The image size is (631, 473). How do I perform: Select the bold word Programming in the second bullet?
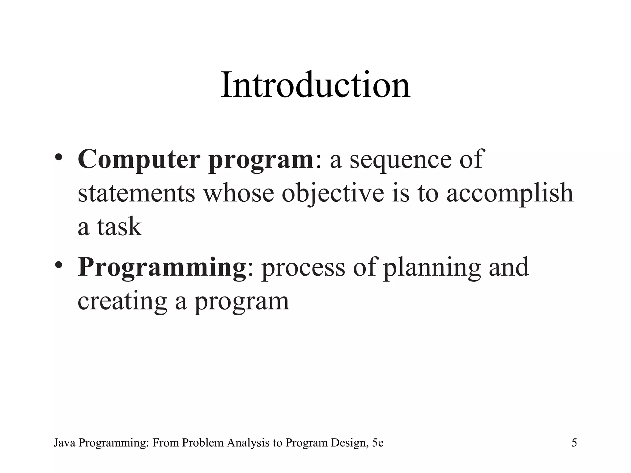pyautogui.click(x=162, y=267)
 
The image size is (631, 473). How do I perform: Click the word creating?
pyautogui.click(x=122, y=301)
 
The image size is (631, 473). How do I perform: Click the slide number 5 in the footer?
pyautogui.click(x=574, y=443)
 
